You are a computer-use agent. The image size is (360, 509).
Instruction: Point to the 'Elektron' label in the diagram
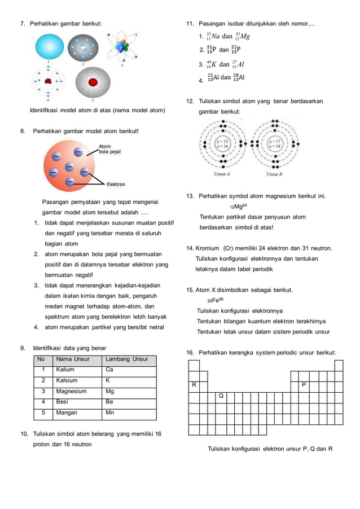click(x=115, y=184)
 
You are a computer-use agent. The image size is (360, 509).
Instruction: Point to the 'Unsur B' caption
click(x=274, y=174)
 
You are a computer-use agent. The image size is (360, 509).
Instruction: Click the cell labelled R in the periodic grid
click(x=194, y=385)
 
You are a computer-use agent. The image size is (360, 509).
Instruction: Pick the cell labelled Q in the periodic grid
click(x=221, y=396)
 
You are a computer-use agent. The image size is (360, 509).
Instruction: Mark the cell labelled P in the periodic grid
click(x=304, y=385)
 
